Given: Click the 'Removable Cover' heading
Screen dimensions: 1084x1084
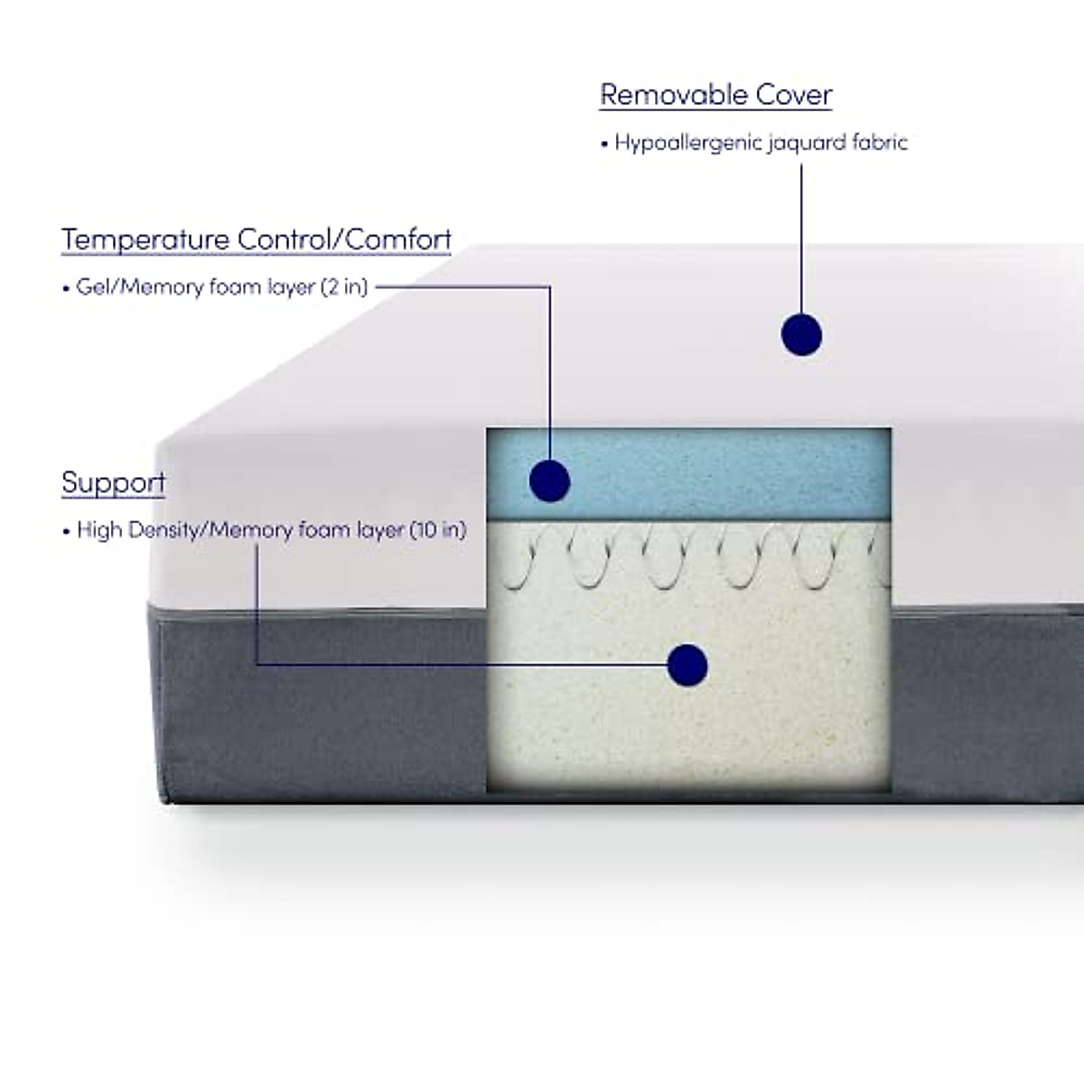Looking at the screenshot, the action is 715,95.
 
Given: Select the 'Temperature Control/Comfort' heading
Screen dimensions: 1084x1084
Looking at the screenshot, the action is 256,239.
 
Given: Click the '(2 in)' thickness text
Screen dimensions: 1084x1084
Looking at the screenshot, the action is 344,287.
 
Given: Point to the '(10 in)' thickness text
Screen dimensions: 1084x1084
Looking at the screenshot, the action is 438,530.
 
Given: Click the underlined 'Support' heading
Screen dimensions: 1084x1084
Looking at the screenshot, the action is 113,482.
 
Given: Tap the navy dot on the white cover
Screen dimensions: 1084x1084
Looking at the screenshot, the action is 801,335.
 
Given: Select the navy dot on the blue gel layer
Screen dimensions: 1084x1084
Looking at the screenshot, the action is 549,480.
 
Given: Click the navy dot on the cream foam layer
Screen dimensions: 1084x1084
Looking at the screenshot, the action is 687,666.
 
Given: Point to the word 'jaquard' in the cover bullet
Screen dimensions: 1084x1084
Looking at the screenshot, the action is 807,143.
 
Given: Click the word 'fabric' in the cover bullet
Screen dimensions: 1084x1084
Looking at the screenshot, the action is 880,143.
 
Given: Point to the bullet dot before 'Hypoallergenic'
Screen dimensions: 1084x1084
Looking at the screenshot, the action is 604,145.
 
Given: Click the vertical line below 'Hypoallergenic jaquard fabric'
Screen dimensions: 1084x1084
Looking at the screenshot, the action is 801,235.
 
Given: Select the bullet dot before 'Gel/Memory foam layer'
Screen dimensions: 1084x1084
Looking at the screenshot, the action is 66,289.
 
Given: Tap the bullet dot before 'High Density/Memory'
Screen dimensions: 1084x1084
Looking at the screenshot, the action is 66,532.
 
